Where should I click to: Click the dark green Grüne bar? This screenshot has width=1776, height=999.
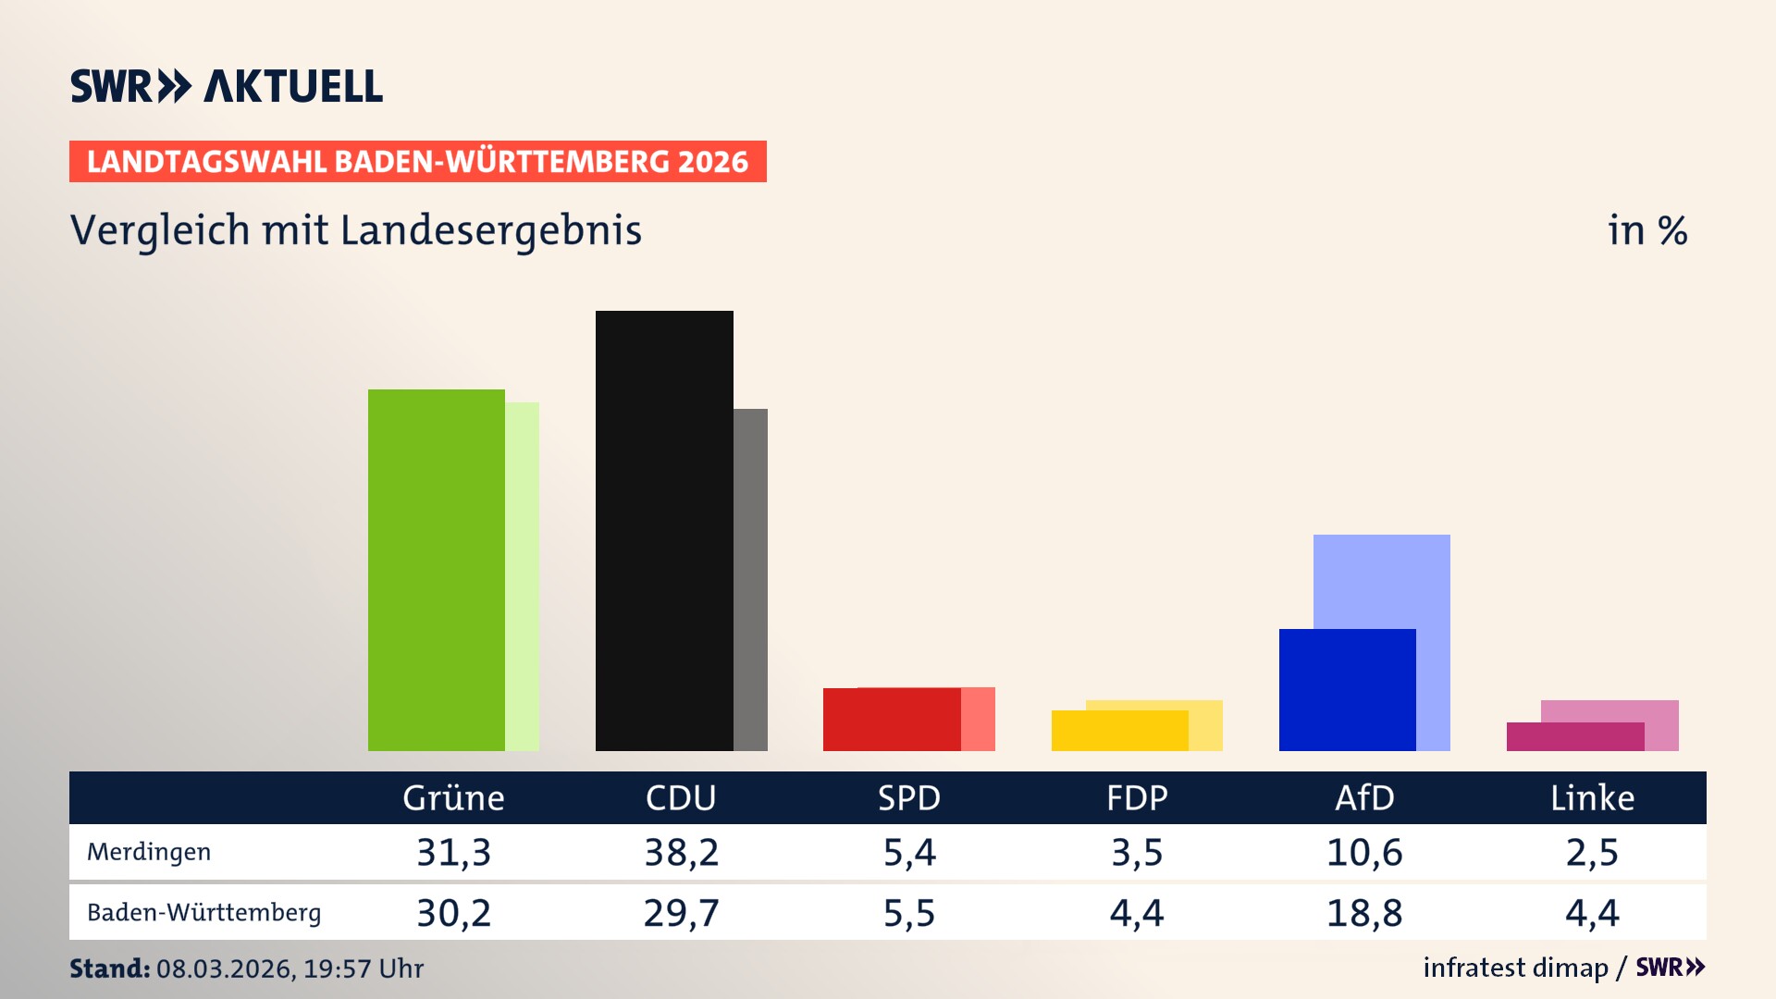coord(436,570)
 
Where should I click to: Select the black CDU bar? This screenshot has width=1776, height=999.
coord(664,531)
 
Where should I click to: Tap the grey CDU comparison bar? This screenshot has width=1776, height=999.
coord(750,579)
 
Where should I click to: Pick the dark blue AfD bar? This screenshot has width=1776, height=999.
coord(1347,690)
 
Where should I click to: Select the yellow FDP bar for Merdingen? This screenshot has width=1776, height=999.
coord(1119,731)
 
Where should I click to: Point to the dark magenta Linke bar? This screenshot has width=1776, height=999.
coord(1574,737)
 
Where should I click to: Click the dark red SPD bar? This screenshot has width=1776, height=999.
coord(892,720)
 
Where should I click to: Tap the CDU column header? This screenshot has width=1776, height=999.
coord(681,798)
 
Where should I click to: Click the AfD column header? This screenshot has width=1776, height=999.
coord(1364,798)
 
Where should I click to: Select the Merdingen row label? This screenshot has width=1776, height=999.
coord(149,852)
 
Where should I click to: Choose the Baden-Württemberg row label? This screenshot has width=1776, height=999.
coord(203,913)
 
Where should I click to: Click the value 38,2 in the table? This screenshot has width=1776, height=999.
coord(681,852)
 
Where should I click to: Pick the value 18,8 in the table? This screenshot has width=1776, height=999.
coord(1364,913)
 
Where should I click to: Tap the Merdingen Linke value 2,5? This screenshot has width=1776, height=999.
coord(1592,852)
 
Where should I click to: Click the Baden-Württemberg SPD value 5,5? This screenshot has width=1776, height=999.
coord(909,913)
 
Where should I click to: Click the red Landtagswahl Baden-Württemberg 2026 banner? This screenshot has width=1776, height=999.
coord(417,162)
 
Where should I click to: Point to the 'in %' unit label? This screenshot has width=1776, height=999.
coord(1647,230)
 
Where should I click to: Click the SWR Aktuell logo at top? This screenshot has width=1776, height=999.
coord(227,86)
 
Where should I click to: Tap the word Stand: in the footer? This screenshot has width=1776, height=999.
coord(109,968)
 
